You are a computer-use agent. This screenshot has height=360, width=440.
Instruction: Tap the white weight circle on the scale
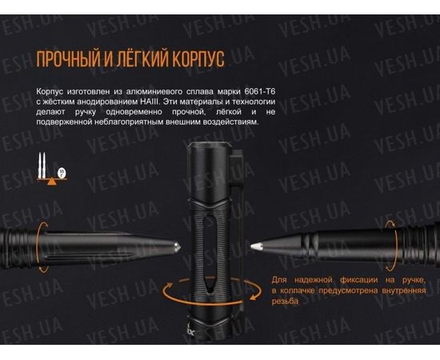point(62,171)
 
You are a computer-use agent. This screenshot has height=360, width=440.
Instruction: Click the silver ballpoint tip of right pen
point(255,246)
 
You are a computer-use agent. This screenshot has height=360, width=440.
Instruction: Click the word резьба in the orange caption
point(285,302)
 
